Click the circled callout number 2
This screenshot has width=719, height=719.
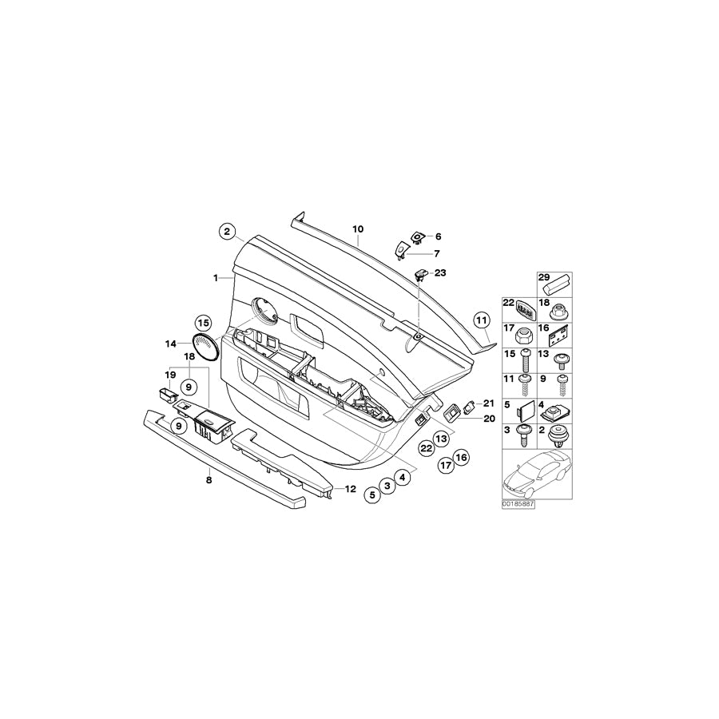(227, 232)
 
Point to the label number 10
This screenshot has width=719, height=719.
(359, 228)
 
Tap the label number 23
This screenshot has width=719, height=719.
(439, 273)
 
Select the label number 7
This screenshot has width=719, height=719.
(437, 253)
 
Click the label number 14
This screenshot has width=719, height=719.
(171, 344)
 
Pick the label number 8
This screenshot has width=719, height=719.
(209, 480)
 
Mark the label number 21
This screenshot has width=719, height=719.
(489, 403)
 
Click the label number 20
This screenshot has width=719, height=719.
(489, 419)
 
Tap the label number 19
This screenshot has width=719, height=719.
(169, 374)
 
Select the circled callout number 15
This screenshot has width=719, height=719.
(203, 323)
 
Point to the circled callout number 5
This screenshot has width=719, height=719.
(371, 495)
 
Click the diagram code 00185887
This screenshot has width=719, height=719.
(518, 505)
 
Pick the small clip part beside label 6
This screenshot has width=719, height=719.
(416, 236)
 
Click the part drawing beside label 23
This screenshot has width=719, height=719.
(420, 276)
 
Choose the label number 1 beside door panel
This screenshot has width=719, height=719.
(215, 278)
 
